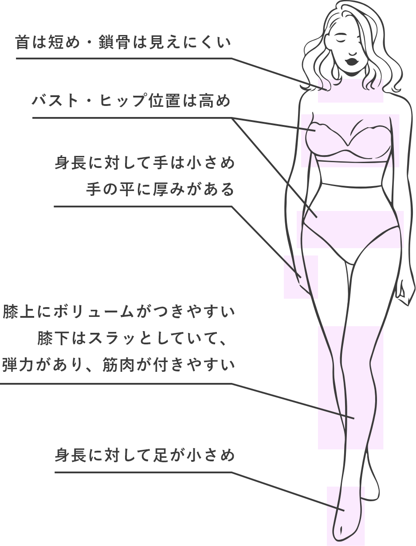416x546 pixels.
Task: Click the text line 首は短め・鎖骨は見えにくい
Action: click(123, 43)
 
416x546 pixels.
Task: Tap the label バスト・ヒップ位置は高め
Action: click(131, 101)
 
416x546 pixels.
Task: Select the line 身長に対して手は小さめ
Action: click(144, 163)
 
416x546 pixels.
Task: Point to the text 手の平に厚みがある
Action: click(160, 190)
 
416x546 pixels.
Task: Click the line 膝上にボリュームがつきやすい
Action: click(118, 312)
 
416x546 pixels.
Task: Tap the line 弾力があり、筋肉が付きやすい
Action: click(118, 365)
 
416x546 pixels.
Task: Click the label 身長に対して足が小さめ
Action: click(144, 455)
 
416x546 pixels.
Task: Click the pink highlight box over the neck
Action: click(350, 91)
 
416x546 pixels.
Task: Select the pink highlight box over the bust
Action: click(350, 140)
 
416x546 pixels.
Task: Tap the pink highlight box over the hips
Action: click(350, 229)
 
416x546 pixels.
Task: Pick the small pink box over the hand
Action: click(301, 277)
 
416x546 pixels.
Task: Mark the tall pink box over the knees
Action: click(350, 387)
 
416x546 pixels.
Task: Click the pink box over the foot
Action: click(345, 516)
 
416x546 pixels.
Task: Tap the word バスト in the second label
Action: click(55, 101)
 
